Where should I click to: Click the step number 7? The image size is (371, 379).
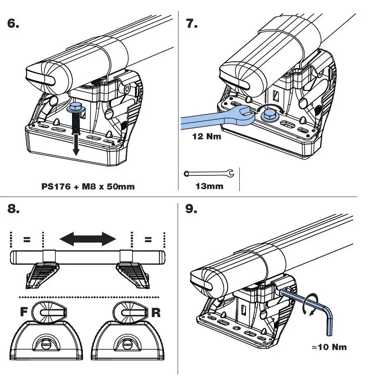(192, 24)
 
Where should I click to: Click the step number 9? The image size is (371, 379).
(191, 209)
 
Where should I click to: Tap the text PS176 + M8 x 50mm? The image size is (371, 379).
(88, 186)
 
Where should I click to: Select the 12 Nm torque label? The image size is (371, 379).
(207, 136)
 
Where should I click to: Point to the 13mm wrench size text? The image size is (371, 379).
(209, 186)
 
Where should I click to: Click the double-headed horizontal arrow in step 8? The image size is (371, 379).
(87, 238)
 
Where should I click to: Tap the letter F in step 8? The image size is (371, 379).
(24, 312)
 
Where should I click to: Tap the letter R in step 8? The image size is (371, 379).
(156, 312)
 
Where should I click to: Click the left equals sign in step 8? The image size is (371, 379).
(26, 240)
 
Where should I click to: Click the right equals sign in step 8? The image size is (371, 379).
(148, 240)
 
